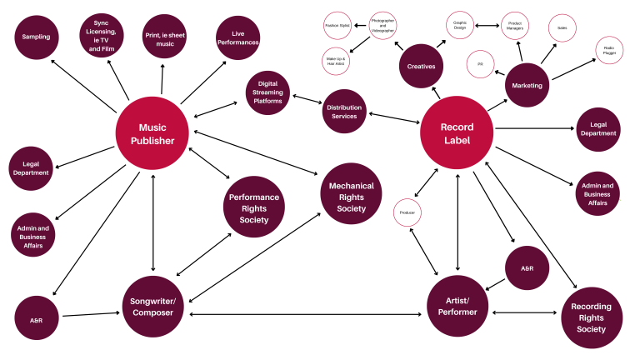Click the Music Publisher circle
(152, 134)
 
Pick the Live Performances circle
(237, 38)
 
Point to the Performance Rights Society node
(254, 208)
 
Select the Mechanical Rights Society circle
(351, 197)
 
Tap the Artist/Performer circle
(457, 305)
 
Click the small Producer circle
(408, 213)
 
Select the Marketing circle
(527, 86)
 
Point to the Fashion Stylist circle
(337, 26)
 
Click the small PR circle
(480, 63)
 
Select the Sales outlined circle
(562, 28)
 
